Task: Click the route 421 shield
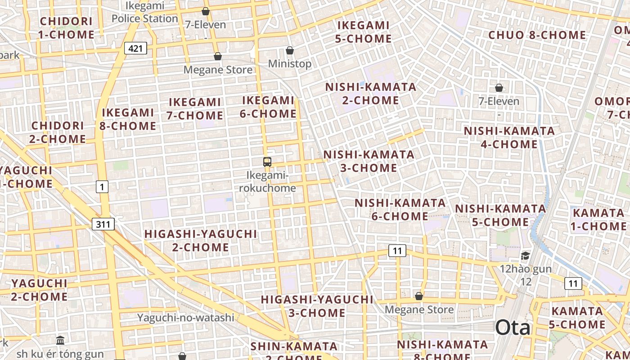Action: (x=135, y=48)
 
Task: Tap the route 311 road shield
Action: (x=103, y=224)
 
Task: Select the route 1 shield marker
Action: (x=102, y=186)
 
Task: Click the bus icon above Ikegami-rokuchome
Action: (x=267, y=162)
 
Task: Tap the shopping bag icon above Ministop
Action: (x=290, y=50)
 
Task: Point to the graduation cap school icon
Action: (x=525, y=256)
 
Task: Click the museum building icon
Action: (x=60, y=340)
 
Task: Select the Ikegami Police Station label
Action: (x=145, y=12)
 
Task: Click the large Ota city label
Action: (x=513, y=328)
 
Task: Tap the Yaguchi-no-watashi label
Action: (x=185, y=317)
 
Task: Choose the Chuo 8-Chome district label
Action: (x=537, y=35)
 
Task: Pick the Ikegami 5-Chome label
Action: (x=363, y=32)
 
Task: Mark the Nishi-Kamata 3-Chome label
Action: (x=369, y=161)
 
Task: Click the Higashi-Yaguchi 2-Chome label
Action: (x=201, y=241)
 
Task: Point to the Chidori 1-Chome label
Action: (x=66, y=28)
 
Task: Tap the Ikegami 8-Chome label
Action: (x=128, y=119)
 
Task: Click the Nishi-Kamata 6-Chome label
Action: (x=400, y=210)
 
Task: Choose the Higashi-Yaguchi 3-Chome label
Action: (x=317, y=306)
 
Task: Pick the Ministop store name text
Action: (x=290, y=64)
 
